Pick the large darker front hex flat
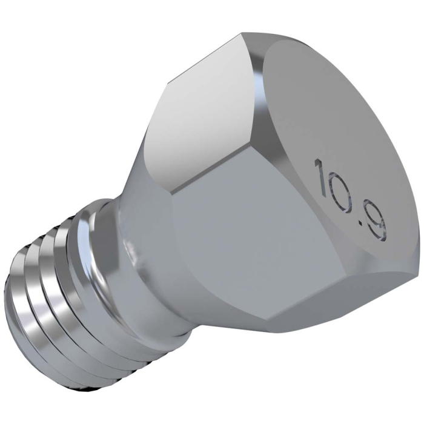242,236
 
